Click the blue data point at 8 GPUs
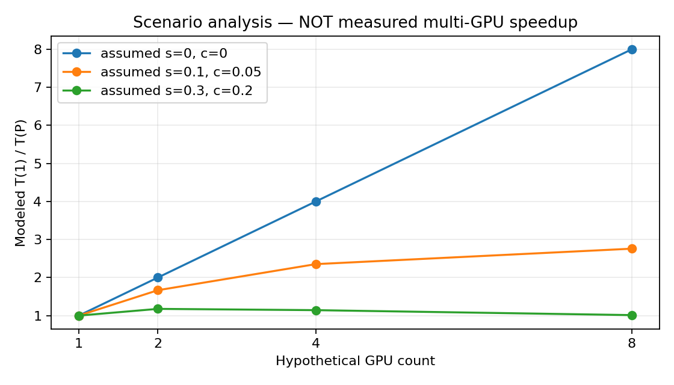[x=631, y=50]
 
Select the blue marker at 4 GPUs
[x=316, y=202]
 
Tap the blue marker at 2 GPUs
[x=158, y=277]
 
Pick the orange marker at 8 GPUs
[x=631, y=249]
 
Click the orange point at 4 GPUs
[x=316, y=264]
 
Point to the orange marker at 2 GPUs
[x=158, y=291]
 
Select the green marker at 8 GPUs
[x=631, y=315]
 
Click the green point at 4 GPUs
[x=316, y=310]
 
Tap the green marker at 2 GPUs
[x=158, y=309]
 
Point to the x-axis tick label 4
[x=316, y=343]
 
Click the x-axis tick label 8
[x=631, y=343]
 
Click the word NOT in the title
[x=315, y=22]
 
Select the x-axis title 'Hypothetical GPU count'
[x=355, y=360]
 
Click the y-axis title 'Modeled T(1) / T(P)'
[x=20, y=183]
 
